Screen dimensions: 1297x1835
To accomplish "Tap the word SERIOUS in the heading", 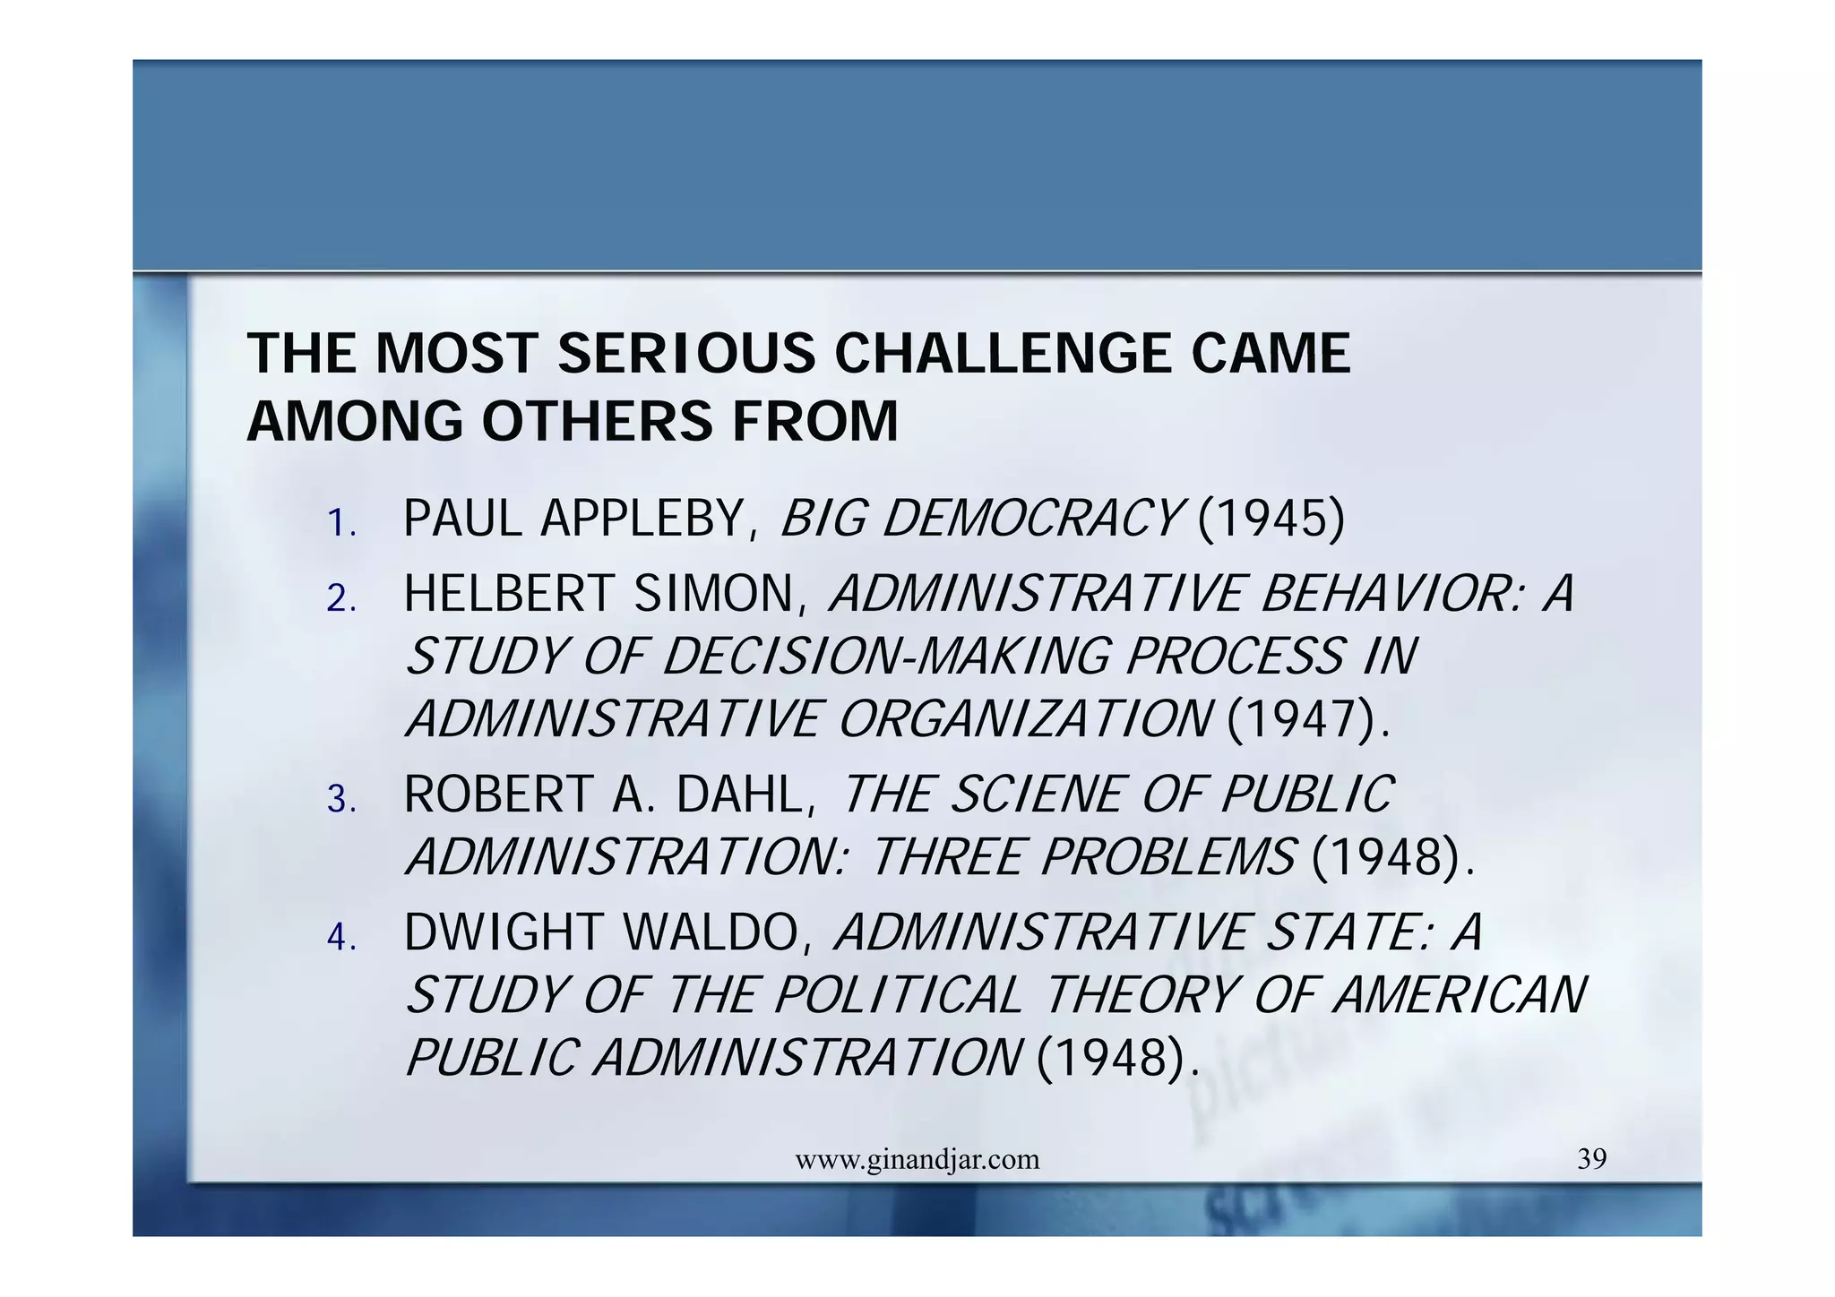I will click(x=686, y=353).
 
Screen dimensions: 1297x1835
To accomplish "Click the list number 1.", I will click(x=340, y=523).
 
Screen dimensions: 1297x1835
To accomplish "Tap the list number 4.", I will click(x=340, y=938).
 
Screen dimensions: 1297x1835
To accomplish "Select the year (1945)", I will click(x=1271, y=519).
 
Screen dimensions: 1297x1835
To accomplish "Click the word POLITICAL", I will click(x=898, y=996).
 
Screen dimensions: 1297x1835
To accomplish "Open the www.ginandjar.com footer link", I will click(x=917, y=1160).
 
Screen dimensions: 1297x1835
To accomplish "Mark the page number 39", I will click(x=1591, y=1159).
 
